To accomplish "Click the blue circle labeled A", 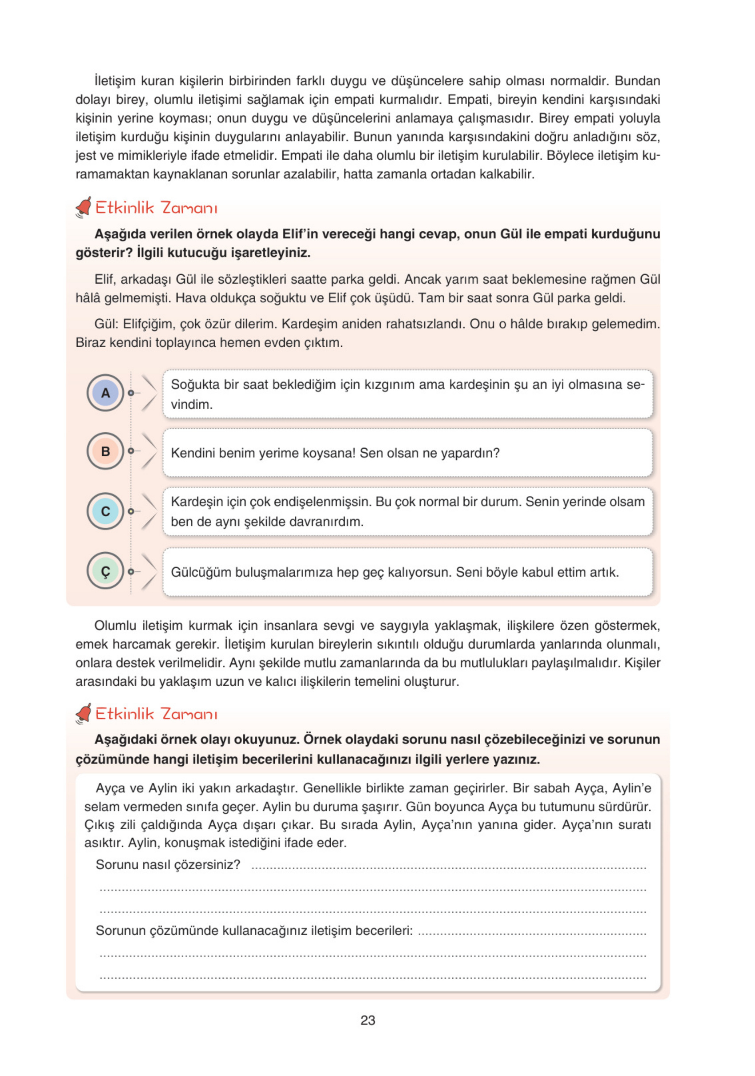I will (106, 393).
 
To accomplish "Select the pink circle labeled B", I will (106, 451).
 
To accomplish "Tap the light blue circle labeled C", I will (106, 511).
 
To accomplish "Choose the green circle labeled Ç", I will (106, 571).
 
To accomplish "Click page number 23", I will (368, 1020).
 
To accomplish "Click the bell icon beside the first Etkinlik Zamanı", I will (83, 207).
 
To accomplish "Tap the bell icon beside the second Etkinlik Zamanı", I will (83, 713).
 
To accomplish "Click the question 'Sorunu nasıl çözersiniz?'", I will (168, 865).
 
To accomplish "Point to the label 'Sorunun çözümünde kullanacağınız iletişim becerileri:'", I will (254, 930).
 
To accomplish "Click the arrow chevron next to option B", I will (149, 451).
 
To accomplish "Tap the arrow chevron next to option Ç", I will (149, 571).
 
